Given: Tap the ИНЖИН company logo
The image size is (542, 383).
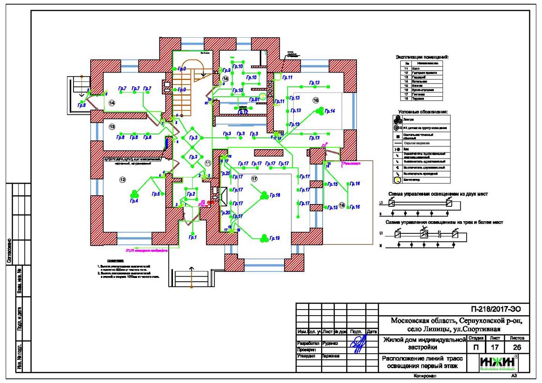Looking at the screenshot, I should (498, 362).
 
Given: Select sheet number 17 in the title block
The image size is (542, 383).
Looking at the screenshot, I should (495, 347).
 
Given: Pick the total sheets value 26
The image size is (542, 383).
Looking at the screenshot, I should (517, 347).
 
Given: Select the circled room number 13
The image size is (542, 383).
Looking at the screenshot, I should (112, 126).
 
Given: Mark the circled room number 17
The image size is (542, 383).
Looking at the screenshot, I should (254, 179).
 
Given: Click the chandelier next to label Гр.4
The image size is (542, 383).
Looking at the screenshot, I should (134, 192).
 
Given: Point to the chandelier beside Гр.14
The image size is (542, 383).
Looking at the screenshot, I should (319, 111).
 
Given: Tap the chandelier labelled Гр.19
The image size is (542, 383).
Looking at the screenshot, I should (264, 238).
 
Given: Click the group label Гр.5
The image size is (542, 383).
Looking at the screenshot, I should (155, 194).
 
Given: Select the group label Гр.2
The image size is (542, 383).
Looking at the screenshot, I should (191, 194).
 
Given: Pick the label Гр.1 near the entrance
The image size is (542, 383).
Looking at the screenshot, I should (192, 238).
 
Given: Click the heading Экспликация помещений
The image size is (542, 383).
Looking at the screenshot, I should (422, 57).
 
